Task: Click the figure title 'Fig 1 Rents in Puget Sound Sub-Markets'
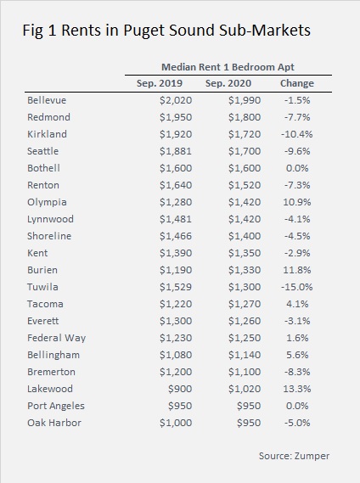(166, 31)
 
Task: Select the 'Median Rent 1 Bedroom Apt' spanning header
(228, 67)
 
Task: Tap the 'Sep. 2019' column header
(160, 83)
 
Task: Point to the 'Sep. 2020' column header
(228, 83)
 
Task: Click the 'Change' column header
(297, 83)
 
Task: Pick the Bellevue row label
(47, 100)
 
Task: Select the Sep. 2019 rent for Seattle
(176, 151)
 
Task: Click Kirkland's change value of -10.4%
(297, 134)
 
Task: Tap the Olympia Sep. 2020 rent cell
(245, 202)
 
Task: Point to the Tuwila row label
(42, 287)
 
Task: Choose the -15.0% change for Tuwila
(297, 287)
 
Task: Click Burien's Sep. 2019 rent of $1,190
(176, 270)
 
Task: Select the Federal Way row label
(56, 338)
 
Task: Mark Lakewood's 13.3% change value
(297, 389)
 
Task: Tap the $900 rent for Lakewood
(180, 389)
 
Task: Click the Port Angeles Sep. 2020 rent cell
(249, 406)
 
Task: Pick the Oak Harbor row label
(54, 423)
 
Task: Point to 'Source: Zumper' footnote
(294, 456)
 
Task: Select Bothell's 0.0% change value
(297, 168)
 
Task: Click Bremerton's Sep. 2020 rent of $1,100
(245, 372)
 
